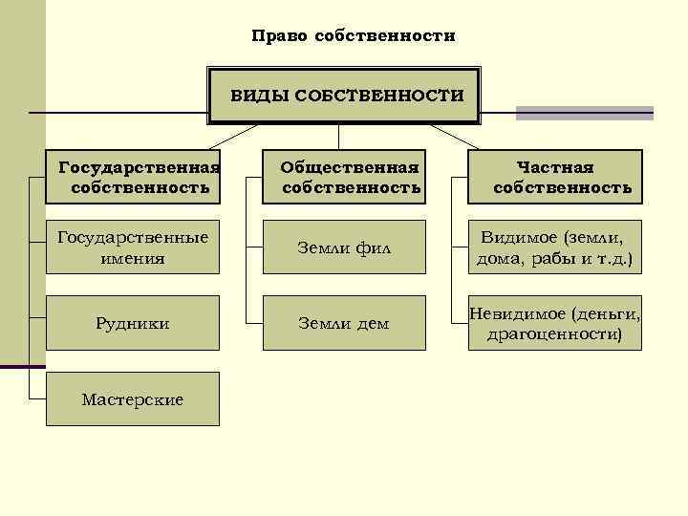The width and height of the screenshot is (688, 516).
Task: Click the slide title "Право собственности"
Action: click(354, 36)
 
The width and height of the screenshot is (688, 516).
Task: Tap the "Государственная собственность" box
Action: click(133, 177)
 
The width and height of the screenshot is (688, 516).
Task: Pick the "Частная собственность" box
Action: click(555, 177)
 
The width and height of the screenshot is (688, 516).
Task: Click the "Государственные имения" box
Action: click(133, 247)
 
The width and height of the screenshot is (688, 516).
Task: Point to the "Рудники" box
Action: click(133, 323)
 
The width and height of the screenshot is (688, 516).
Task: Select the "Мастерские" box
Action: click(133, 398)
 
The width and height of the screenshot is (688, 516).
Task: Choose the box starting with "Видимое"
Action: click(555, 247)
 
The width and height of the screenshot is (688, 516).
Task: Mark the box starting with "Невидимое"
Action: click(555, 323)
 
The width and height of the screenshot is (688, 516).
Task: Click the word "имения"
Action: click(133, 258)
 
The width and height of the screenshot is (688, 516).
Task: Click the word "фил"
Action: click(376, 249)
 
